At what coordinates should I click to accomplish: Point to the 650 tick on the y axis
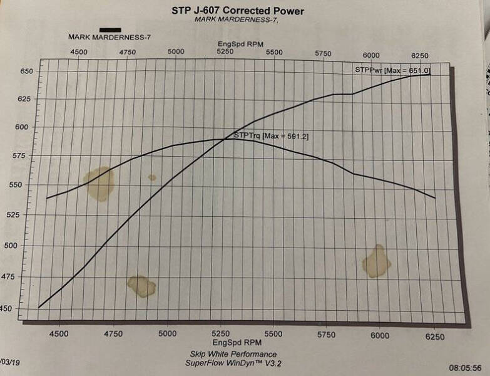pos(25,71)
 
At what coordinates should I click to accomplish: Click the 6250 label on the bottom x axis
pos(434,337)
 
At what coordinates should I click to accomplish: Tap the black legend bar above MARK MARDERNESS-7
pos(110,29)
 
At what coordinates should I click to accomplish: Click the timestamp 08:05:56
pos(464,368)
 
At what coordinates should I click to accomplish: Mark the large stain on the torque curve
pos(100,183)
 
